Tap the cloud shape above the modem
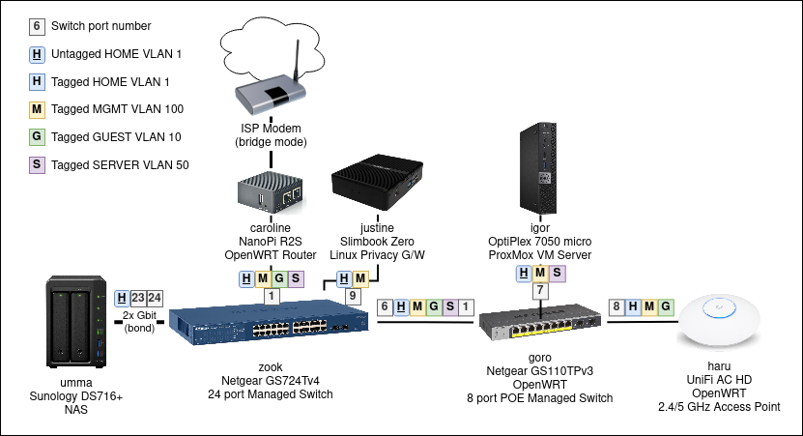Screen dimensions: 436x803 coord(274,43)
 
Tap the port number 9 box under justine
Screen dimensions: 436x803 coord(355,297)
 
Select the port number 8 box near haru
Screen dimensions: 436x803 coord(617,307)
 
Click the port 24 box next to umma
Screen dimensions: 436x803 coord(155,298)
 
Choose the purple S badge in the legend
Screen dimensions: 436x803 coord(37,164)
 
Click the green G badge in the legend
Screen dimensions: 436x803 coord(37,137)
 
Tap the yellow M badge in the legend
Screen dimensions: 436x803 coord(37,109)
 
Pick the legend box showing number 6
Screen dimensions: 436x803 coord(37,26)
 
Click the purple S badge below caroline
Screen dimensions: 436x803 coord(296,279)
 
